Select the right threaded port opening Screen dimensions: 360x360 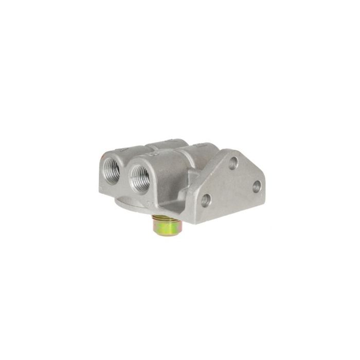(x=140, y=177)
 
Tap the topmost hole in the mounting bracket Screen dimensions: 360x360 (x=233, y=163)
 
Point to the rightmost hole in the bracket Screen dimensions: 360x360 (x=256, y=186)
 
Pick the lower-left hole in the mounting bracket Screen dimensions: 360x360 (x=206, y=200)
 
